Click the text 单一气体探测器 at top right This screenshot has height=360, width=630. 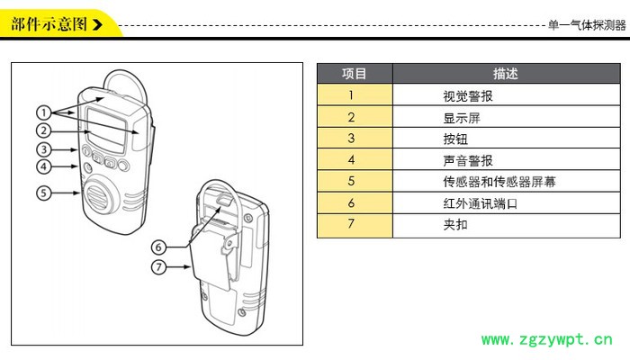point(586,25)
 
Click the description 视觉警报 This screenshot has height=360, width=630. point(468,95)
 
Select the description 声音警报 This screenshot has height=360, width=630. point(468,160)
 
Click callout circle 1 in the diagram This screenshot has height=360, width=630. point(43,112)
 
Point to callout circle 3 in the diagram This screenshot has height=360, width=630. point(43,148)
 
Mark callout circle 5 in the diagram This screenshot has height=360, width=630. point(43,192)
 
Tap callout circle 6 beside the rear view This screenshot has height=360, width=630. point(158,247)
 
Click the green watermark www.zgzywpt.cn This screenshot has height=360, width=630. point(547,340)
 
